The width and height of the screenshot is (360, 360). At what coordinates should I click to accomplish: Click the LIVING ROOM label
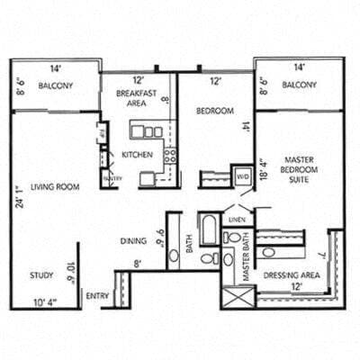[55, 187]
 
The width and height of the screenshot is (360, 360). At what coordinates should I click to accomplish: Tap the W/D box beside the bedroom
[242, 177]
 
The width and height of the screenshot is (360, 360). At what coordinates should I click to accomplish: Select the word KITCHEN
[137, 155]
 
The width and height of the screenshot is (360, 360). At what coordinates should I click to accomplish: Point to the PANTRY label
[112, 178]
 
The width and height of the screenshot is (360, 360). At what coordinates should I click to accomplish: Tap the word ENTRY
[97, 295]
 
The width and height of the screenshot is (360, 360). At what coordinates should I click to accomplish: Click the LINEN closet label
[237, 219]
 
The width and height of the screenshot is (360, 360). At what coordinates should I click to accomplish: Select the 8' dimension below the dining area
[138, 264]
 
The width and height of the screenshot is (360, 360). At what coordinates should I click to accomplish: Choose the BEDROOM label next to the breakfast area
[214, 111]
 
